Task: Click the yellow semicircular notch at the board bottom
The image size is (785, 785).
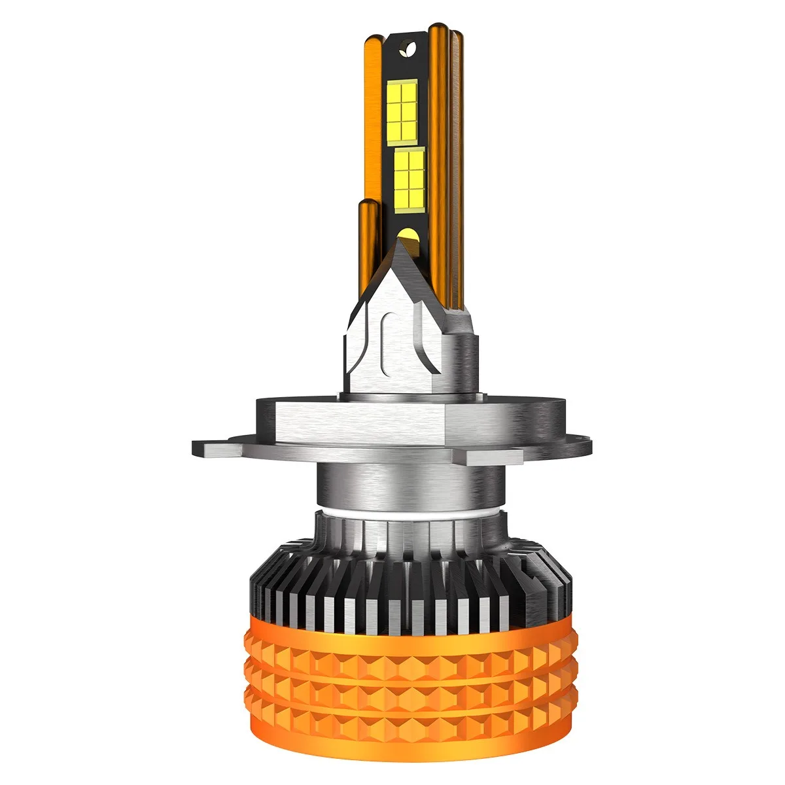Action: click(405, 234)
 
